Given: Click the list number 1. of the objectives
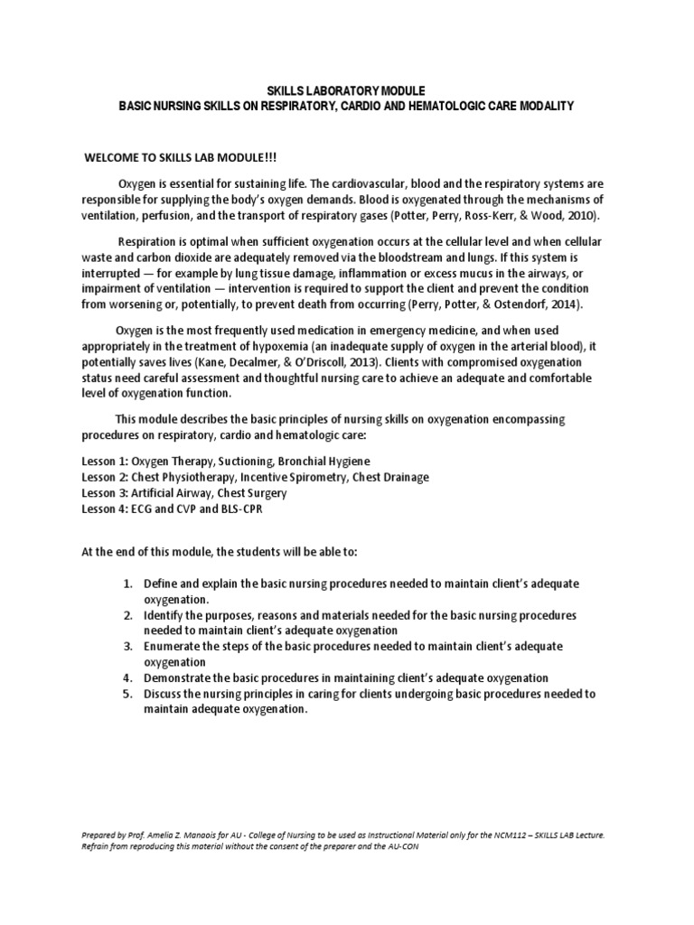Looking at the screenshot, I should (x=128, y=584).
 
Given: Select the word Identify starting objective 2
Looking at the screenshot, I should (x=164, y=615).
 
